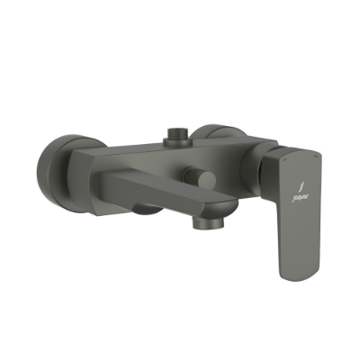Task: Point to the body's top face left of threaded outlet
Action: tap(144, 144)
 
